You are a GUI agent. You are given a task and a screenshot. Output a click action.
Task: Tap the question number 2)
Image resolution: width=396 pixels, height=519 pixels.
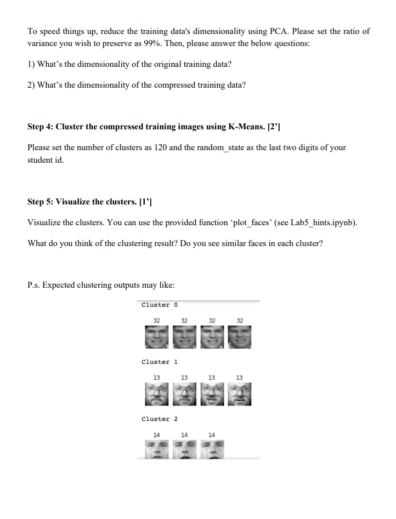click(32, 85)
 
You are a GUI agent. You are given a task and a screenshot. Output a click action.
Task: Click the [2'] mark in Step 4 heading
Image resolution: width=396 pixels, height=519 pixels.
click(274, 127)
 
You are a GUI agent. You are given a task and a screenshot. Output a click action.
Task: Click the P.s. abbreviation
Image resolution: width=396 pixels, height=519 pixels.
click(33, 285)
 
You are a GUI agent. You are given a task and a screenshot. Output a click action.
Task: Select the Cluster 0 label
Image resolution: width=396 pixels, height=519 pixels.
click(159, 305)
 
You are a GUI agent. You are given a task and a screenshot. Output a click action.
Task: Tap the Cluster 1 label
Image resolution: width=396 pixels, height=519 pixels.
click(159, 362)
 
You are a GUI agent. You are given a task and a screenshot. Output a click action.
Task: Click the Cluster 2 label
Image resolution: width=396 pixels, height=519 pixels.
click(159, 419)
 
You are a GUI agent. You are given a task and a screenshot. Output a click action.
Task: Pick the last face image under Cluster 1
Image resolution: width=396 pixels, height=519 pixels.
click(240, 394)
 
